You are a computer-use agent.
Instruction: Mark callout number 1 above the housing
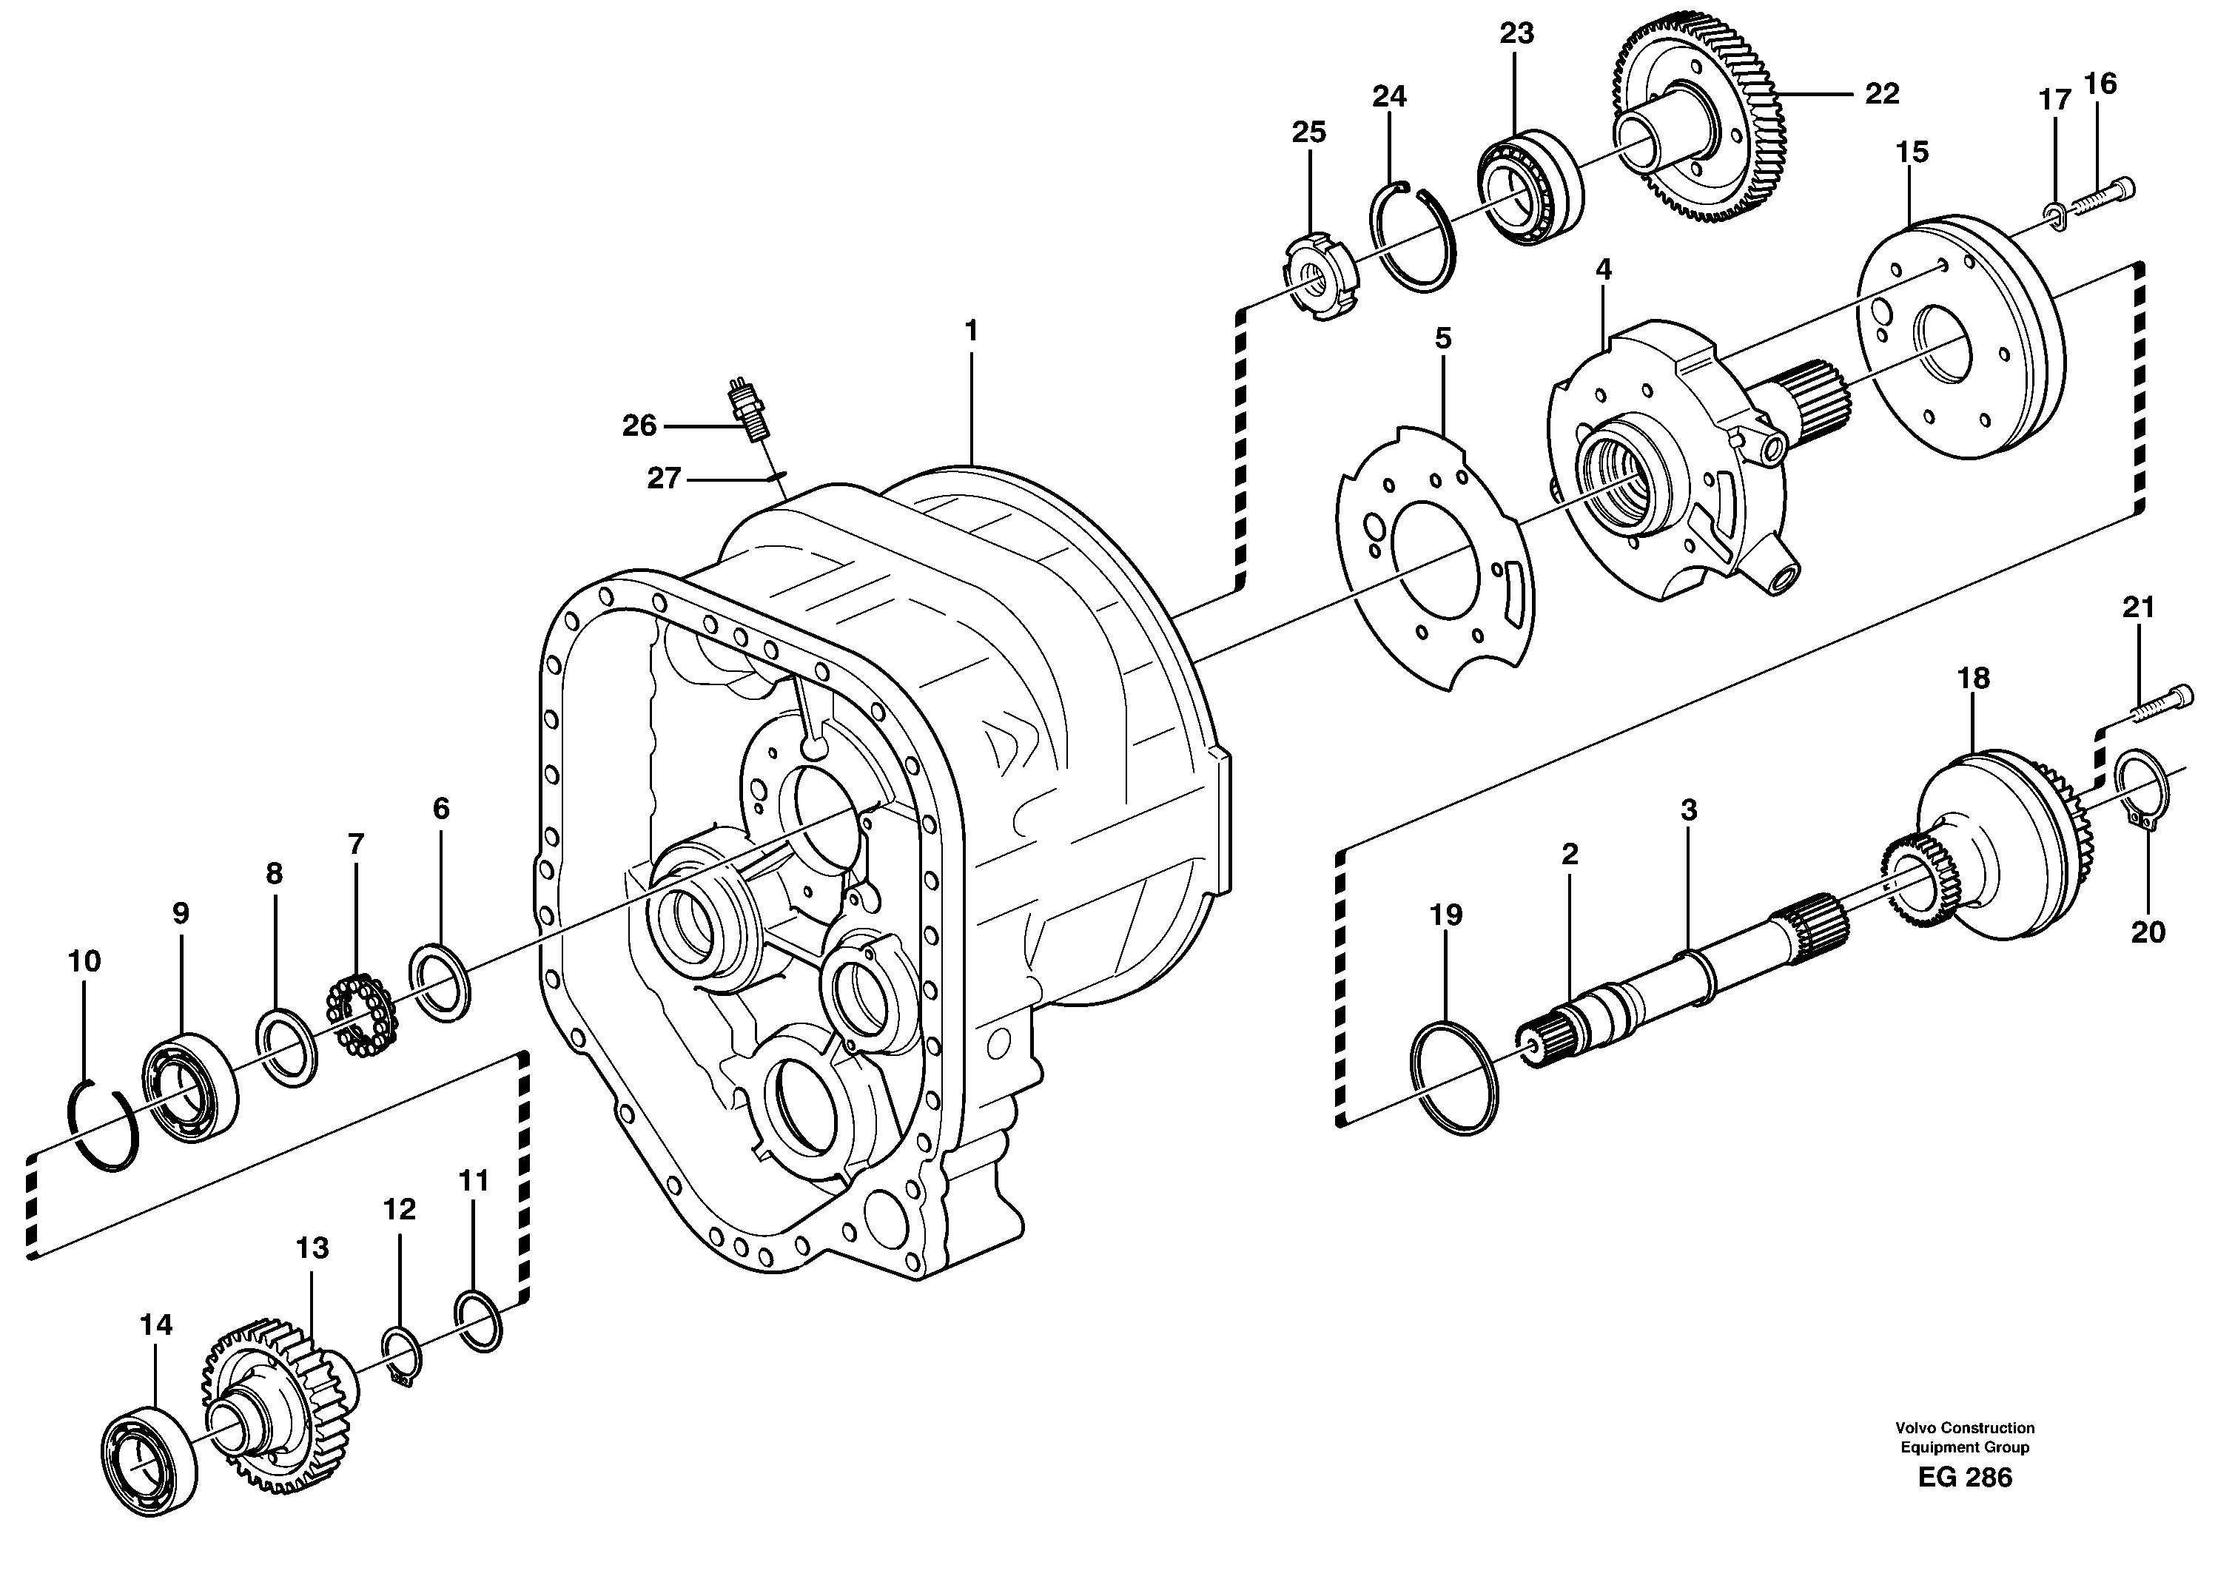pyautogui.click(x=970, y=331)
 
